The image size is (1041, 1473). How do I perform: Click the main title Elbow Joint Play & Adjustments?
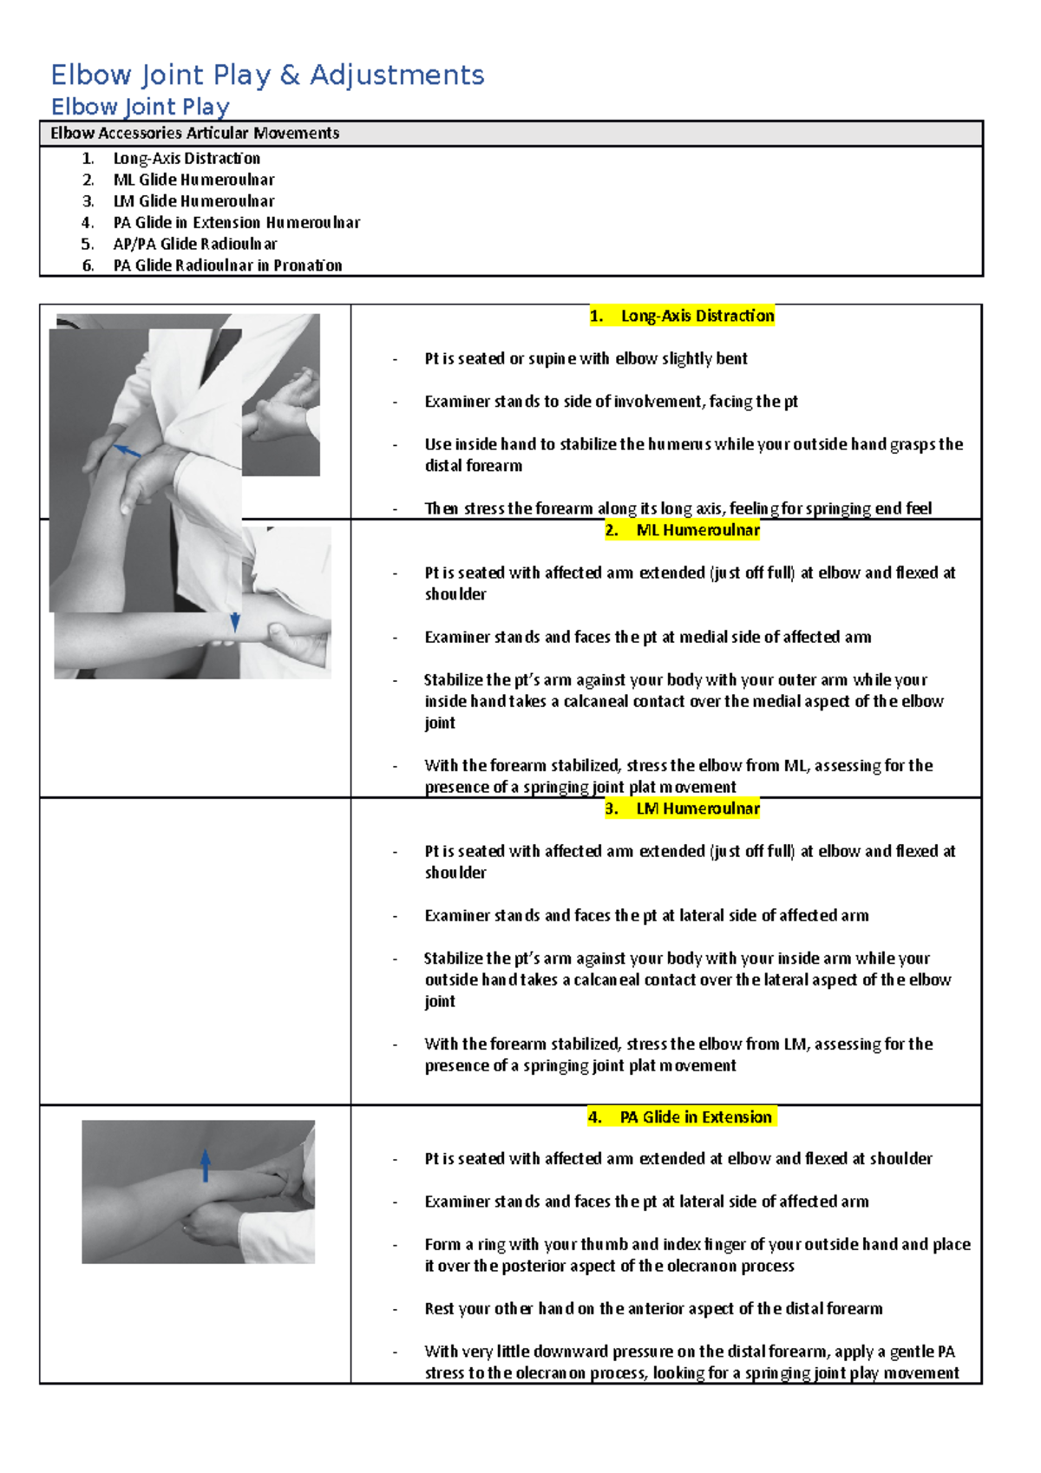[x=267, y=75]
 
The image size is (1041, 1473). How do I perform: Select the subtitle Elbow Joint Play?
[x=141, y=107]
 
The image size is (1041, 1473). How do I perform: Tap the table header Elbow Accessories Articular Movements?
[x=194, y=133]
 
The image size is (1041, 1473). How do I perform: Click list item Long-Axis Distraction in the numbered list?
[x=187, y=159]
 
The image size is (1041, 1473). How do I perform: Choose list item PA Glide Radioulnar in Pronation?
[x=227, y=265]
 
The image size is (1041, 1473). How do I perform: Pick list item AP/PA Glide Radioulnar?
[x=195, y=244]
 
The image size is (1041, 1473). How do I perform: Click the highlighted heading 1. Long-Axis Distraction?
[x=682, y=316]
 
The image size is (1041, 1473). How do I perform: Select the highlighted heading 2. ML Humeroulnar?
[x=682, y=530]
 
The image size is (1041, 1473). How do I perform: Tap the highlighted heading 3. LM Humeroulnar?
[x=682, y=809]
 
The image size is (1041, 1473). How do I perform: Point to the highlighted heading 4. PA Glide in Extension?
[x=682, y=1117]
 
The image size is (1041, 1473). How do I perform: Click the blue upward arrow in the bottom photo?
[x=206, y=1165]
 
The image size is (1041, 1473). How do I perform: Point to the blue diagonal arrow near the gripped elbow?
[x=128, y=451]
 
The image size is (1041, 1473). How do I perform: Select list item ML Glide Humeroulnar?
[x=193, y=180]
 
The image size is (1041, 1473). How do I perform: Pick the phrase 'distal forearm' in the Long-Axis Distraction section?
[x=474, y=466]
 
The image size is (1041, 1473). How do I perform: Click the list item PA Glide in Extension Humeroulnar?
[x=236, y=223]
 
